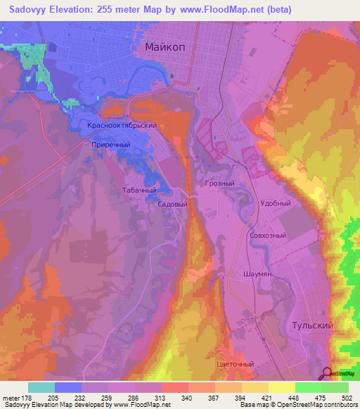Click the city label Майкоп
(x=165, y=47)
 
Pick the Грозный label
(x=219, y=183)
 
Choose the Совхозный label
(x=267, y=236)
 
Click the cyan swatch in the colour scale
(x=41, y=387)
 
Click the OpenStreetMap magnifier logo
(x=327, y=374)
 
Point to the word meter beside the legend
(x=11, y=398)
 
